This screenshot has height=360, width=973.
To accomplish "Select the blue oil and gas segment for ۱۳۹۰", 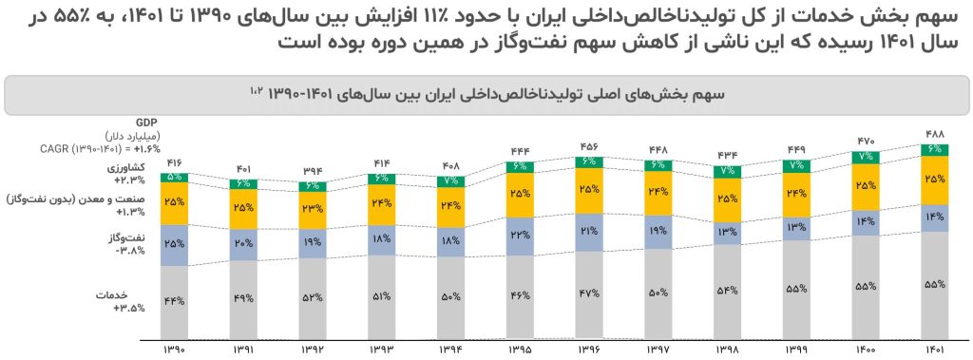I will [x=174, y=245].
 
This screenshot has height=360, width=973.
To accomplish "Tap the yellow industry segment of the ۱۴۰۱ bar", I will [x=933, y=180].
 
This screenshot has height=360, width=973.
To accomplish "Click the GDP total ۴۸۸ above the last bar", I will [x=933, y=133].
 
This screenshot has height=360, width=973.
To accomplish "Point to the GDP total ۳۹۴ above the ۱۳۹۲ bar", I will [x=311, y=171].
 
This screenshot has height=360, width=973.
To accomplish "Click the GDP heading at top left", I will [x=146, y=123].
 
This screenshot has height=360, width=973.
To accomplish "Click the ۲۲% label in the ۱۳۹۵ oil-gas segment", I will [x=519, y=235].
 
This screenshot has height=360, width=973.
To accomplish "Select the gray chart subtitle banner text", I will [x=486, y=95].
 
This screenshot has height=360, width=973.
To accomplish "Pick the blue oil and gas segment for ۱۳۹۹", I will [x=795, y=226].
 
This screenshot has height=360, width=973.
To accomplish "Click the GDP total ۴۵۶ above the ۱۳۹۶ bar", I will [x=588, y=147].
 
